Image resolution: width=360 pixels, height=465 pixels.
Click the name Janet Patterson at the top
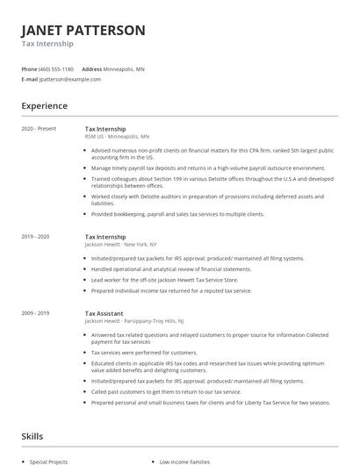83,30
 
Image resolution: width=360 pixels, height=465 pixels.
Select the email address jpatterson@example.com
70,79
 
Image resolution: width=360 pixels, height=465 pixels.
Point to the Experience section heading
45,106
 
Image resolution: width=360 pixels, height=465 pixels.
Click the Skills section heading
33,435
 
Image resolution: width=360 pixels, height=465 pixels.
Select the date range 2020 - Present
39,129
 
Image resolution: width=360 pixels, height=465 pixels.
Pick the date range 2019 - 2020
36,237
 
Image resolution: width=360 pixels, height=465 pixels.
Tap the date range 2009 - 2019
36,313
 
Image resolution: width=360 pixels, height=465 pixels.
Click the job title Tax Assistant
104,313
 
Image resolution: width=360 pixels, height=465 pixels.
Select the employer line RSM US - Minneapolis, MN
117,137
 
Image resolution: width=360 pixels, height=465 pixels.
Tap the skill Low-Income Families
184,461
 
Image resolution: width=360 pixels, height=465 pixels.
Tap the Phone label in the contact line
29,68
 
